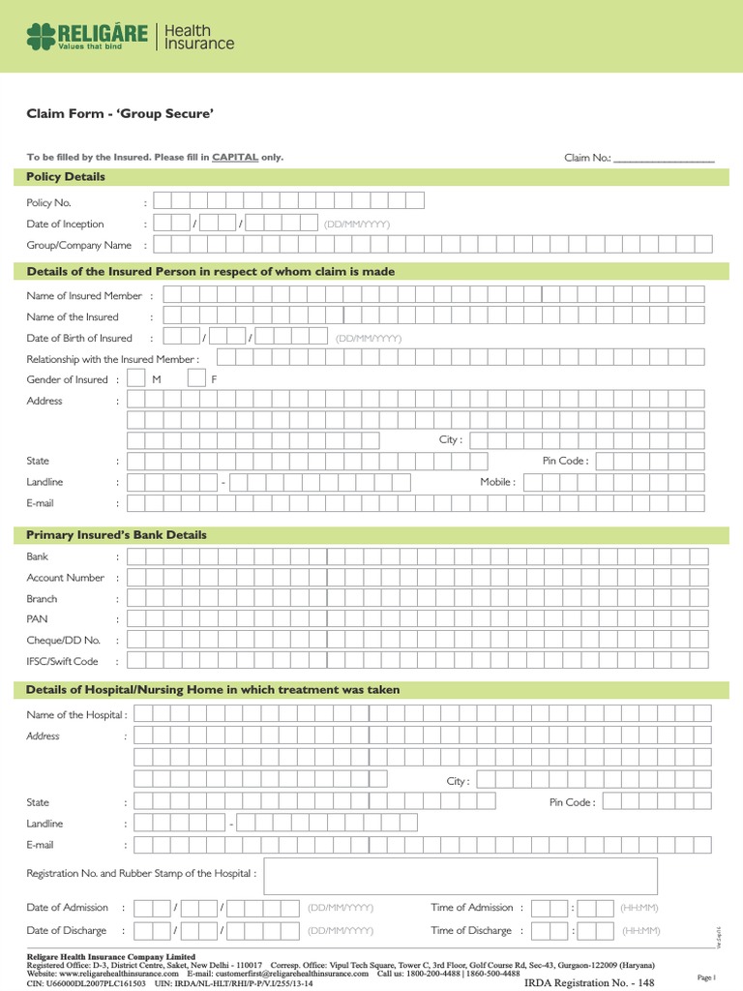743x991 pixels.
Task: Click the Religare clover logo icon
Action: [x=41, y=38]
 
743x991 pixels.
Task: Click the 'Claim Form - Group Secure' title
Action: [x=120, y=114]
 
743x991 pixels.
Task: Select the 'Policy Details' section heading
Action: [x=66, y=177]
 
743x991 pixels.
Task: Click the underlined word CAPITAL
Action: [x=235, y=157]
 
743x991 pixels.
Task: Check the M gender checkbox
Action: [x=136, y=379]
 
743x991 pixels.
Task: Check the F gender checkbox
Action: [x=196, y=379]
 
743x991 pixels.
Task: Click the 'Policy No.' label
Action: [x=48, y=203]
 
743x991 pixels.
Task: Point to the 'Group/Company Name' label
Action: [x=78, y=246]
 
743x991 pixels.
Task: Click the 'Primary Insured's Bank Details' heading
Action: [x=116, y=535]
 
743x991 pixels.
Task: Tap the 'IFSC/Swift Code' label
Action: [x=62, y=662]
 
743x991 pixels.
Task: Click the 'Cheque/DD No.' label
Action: [x=63, y=641]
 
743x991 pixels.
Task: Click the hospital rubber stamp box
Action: [x=461, y=875]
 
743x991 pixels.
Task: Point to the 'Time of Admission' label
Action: [x=472, y=908]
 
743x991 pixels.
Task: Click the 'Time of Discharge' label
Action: [x=471, y=931]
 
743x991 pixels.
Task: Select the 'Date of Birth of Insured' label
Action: [x=79, y=338]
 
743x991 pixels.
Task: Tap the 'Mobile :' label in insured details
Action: [x=497, y=482]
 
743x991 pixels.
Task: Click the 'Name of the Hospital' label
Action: [x=76, y=715]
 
